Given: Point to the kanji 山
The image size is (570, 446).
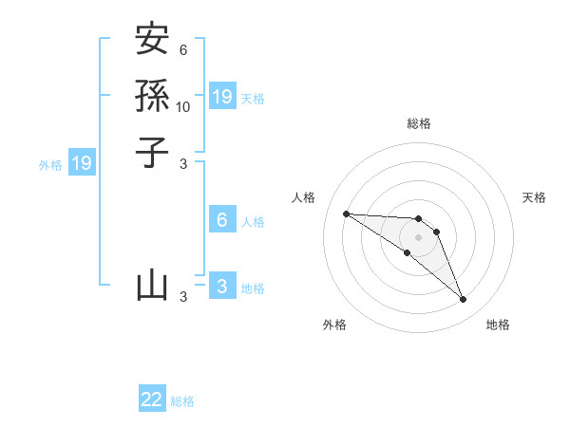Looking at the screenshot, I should pyautogui.click(x=152, y=285).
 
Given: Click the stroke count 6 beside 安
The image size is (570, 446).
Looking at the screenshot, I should pyautogui.click(x=182, y=49).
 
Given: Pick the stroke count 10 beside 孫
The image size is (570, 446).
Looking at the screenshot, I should pyautogui.click(x=183, y=106).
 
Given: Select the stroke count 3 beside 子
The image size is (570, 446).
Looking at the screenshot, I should pyautogui.click(x=183, y=163).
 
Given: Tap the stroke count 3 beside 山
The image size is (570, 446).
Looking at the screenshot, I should pyautogui.click(x=183, y=297).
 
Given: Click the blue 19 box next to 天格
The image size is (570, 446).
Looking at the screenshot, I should pyautogui.click(x=222, y=97).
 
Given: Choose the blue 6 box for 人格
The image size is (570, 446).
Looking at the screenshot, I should pyautogui.click(x=222, y=220).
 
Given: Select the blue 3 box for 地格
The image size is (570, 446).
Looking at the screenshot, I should pyautogui.click(x=222, y=287).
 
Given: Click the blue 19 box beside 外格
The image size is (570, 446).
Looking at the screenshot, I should pyautogui.click(x=82, y=163).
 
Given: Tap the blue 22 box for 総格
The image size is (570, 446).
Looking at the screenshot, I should pyautogui.click(x=152, y=400).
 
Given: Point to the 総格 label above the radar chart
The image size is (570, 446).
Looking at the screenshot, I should pyautogui.click(x=418, y=123).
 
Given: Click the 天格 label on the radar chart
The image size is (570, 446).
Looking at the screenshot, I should pyautogui.click(x=534, y=197).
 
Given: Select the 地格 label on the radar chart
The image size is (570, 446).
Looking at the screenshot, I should pyautogui.click(x=498, y=325).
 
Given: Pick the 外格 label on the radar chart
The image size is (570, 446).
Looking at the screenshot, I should pyautogui.click(x=334, y=325).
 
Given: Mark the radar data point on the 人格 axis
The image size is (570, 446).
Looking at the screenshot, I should pyautogui.click(x=346, y=214).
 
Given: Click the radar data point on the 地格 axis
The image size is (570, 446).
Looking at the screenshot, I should pyautogui.click(x=463, y=300).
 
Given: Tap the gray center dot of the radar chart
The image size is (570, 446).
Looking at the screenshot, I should pyautogui.click(x=418, y=237).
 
